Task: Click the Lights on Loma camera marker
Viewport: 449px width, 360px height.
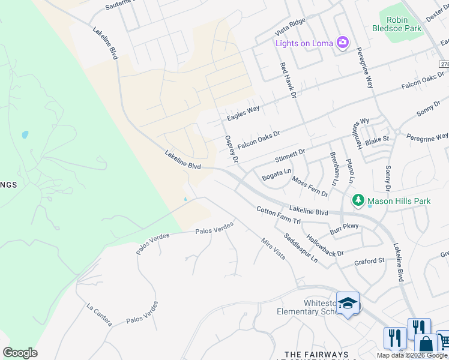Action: (343, 43)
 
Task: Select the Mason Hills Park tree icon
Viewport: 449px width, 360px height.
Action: (358, 200)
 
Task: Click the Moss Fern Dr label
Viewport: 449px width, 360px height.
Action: (310, 187)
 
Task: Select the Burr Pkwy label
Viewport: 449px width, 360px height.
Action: (344, 229)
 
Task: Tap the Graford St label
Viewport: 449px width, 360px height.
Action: (369, 261)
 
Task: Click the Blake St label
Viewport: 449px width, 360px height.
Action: (378, 140)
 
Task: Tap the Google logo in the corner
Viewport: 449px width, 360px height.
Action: (20, 353)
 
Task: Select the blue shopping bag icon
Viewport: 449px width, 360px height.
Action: (426, 344)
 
